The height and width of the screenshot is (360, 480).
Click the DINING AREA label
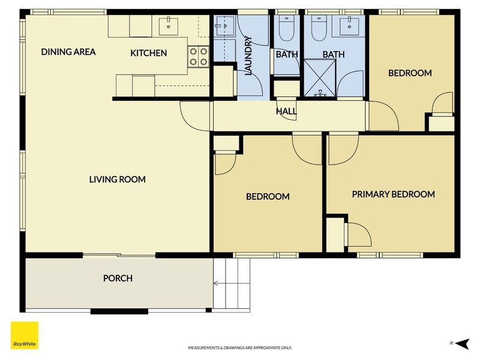68,52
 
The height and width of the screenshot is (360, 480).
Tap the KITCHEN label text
149,53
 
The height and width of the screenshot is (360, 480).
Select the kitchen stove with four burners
196,56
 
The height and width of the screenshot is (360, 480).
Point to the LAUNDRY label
248,56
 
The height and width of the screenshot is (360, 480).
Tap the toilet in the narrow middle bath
287,28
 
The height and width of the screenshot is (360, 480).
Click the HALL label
286,111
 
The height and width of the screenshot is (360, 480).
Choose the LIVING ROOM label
118,179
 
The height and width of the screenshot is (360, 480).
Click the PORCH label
118,278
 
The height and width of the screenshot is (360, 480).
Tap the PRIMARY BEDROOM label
393,194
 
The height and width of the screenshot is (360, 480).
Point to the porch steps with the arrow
231,284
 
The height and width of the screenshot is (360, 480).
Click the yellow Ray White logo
25,335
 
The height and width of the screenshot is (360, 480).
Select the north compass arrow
461,343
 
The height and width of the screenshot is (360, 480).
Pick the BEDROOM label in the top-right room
410,73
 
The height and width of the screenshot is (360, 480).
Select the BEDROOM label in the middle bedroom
268,197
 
